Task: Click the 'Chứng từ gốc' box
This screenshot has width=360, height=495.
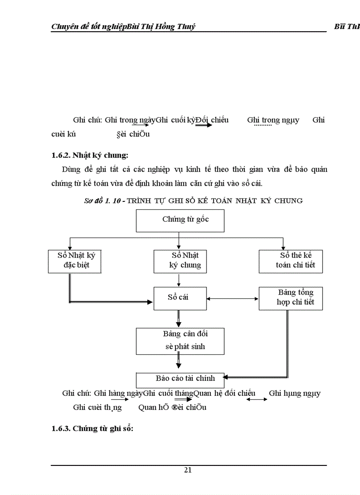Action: [180, 220]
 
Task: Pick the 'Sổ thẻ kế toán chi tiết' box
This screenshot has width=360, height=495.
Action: [291, 261]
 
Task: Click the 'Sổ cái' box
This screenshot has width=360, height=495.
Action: [178, 298]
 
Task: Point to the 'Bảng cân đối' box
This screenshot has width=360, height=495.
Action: [180, 341]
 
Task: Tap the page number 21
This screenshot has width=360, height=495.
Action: [188, 470]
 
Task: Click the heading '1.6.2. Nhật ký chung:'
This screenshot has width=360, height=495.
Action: [90, 155]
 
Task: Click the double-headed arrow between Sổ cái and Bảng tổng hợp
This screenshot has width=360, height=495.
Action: [232, 299]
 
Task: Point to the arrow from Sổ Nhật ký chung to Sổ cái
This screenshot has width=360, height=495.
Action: [178, 280]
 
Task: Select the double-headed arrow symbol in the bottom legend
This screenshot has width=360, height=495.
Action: [257, 399]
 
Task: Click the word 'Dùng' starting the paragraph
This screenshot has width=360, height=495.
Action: [71, 170]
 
